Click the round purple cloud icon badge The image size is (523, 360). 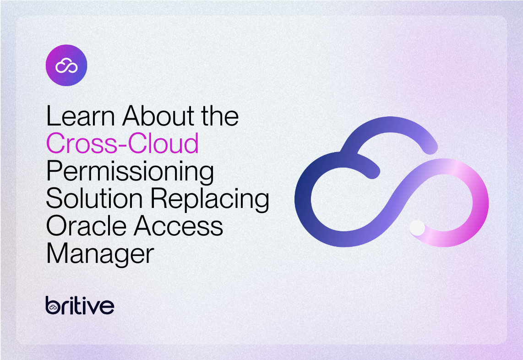pos(66,65)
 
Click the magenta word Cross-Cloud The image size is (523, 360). pos(122,143)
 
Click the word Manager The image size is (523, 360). pos(100,255)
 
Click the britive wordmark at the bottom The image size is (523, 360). pos(80,305)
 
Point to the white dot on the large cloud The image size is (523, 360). pos(417,227)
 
